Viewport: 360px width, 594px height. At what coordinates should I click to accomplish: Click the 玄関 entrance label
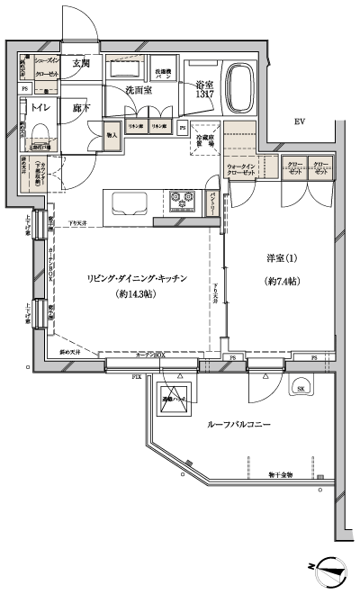tap(81, 63)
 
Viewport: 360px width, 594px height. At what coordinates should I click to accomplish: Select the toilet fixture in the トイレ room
tap(40, 137)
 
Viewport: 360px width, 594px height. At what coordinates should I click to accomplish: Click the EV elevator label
tap(298, 122)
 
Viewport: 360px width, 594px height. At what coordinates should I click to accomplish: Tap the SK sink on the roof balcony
tap(299, 388)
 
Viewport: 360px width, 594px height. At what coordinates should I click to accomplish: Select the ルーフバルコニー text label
tap(240, 422)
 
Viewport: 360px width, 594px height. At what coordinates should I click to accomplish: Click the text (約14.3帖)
tap(137, 294)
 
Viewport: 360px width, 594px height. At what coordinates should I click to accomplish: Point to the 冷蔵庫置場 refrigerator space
tap(204, 139)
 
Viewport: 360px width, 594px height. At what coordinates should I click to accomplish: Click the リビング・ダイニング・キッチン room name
tap(137, 278)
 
